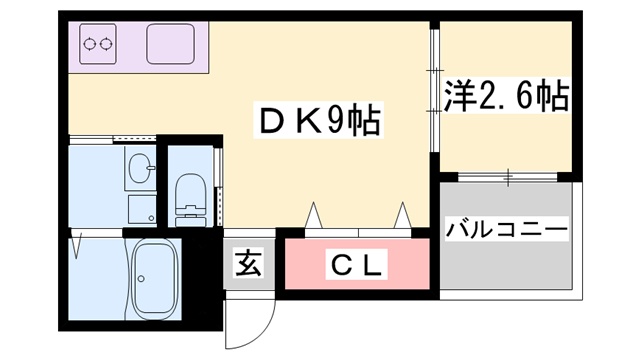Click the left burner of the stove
point(88,43)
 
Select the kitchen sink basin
point(171,44)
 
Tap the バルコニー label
point(506,229)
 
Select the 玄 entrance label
point(248,265)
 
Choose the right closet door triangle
point(402,216)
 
